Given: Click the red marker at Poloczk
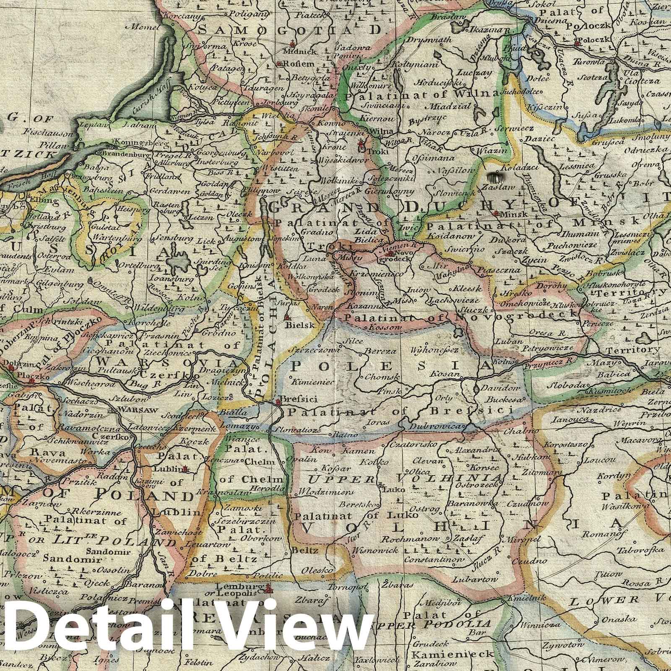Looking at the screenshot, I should click(x=577, y=42).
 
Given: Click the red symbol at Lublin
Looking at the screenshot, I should click(x=187, y=469).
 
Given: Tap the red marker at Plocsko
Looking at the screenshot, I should click(x=31, y=381).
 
